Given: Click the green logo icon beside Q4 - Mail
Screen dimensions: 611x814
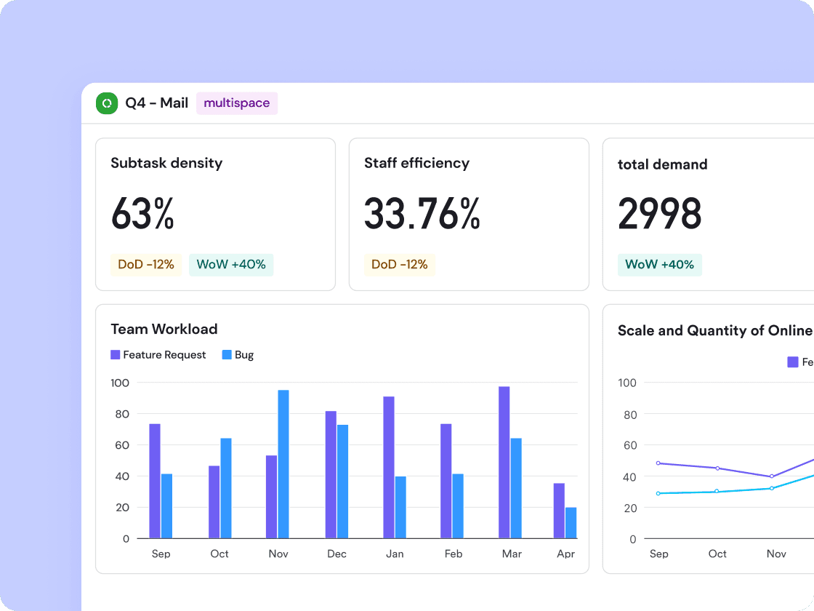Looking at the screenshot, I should click(x=107, y=103).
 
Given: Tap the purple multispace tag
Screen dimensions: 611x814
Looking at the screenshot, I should click(x=237, y=103).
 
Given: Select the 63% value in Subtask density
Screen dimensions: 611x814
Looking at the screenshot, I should click(x=142, y=214).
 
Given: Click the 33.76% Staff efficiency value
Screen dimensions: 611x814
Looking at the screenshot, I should click(x=422, y=214).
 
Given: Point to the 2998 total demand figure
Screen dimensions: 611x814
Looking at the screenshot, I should click(x=659, y=214).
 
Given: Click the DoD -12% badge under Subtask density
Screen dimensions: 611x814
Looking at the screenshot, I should click(x=146, y=265).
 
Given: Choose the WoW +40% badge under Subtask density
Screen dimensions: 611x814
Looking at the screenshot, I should click(x=231, y=265).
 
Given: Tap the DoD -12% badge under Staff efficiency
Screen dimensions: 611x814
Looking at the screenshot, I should click(x=399, y=265).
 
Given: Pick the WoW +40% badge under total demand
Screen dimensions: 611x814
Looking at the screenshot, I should click(x=659, y=265).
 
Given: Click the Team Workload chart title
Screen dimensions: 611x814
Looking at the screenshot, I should click(x=164, y=329).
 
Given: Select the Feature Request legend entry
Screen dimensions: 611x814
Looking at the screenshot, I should click(x=158, y=355).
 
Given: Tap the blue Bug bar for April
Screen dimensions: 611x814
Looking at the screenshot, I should click(x=571, y=523).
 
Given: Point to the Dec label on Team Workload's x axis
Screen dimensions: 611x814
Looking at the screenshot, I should click(x=337, y=554).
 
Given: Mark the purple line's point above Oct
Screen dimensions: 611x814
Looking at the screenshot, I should click(x=717, y=468).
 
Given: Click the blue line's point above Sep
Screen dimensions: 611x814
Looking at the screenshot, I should click(x=658, y=493).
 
